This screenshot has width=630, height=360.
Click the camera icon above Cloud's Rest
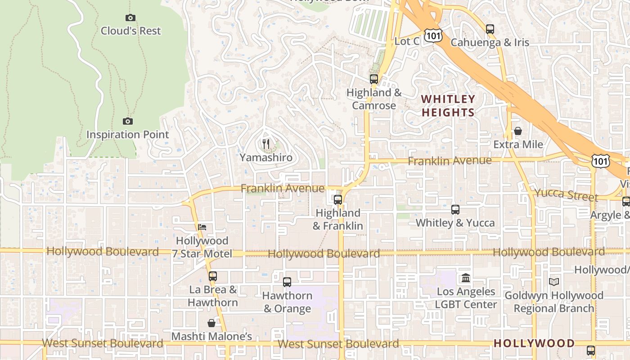tap(130, 18)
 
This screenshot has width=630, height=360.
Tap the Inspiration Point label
tap(127, 135)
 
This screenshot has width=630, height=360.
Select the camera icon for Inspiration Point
tap(128, 121)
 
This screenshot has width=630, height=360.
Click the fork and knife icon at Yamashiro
tap(266, 144)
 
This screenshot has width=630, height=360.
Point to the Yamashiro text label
tap(266, 157)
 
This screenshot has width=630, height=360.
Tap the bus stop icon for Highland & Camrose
tap(373, 79)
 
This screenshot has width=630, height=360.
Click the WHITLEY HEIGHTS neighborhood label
tap(448, 106)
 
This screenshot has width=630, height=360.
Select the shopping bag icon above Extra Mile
tap(518, 131)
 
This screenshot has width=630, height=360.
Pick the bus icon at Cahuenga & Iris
tap(490, 29)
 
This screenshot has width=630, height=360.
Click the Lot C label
tap(407, 41)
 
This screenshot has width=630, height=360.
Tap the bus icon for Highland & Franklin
tap(337, 200)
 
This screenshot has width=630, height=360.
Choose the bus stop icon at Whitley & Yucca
tap(455, 209)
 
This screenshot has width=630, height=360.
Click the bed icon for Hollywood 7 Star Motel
tap(202, 227)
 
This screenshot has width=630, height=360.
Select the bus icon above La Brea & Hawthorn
tap(212, 276)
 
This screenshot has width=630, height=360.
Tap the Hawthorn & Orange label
tap(287, 302)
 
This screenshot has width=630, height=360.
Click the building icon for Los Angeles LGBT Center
tap(466, 278)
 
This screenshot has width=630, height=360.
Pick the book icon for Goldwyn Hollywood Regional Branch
tap(553, 282)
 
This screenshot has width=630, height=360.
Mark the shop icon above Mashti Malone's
tap(211, 323)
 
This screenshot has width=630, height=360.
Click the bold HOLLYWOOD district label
tap(534, 343)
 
